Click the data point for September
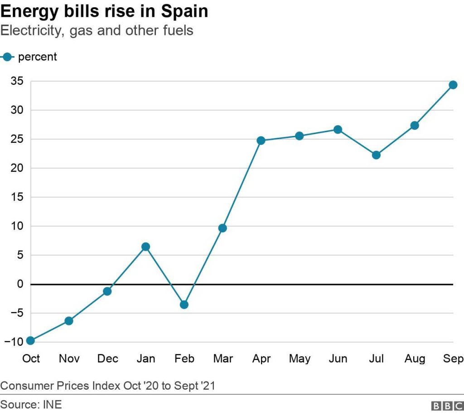(453, 85)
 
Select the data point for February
(184, 304)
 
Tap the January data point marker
(145, 246)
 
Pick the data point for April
(261, 140)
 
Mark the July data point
(376, 155)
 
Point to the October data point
(31, 340)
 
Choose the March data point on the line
(222, 228)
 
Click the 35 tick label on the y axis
(17, 82)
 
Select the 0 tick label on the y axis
(20, 284)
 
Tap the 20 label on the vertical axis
(17, 168)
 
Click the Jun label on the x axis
(338, 359)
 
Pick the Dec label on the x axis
(108, 359)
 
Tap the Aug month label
(415, 359)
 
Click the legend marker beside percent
(7, 57)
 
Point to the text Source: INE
(31, 404)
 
